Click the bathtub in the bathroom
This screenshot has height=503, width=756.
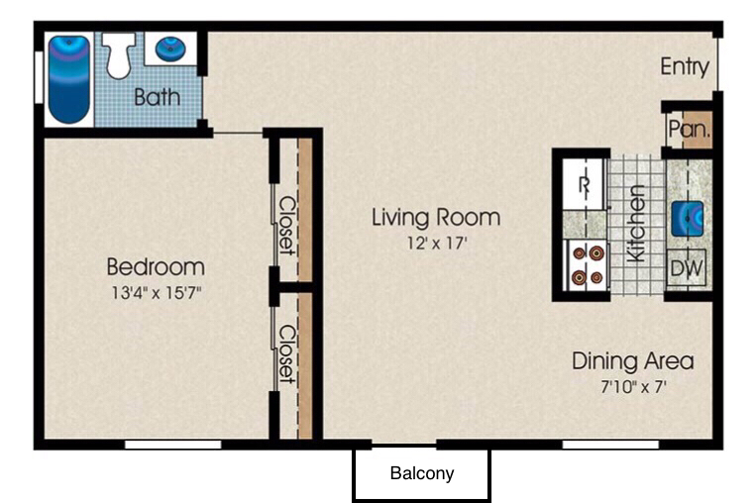(69, 79)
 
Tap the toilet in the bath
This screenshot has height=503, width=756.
(119, 54)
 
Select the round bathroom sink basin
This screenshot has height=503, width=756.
(170, 49)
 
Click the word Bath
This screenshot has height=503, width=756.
(158, 97)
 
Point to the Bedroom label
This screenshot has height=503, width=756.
(156, 266)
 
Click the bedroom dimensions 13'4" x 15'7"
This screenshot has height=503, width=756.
(157, 292)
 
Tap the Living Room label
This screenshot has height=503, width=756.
(436, 217)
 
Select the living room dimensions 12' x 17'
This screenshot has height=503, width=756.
(437, 243)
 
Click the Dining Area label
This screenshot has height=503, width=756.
(632, 360)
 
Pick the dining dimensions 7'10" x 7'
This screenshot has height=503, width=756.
(633, 386)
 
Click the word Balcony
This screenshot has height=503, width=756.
(422, 473)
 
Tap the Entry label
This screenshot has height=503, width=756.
(685, 66)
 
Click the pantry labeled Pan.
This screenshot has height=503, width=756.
(690, 129)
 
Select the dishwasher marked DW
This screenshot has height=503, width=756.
(686, 268)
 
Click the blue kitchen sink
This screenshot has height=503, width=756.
(687, 219)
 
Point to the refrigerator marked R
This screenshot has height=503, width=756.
(585, 184)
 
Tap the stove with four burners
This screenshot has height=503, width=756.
(587, 265)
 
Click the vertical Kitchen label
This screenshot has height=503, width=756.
(636, 223)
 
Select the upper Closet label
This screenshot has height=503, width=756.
(287, 225)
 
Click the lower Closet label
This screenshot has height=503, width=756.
(287, 354)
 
